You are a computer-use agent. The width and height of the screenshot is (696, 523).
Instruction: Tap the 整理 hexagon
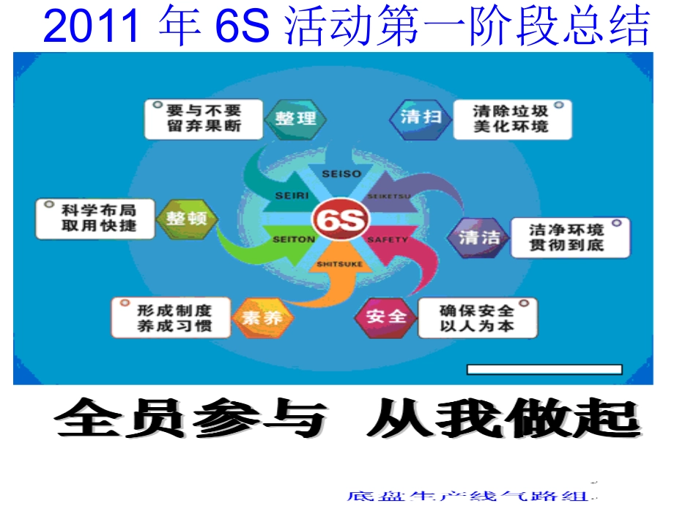pos(295,119)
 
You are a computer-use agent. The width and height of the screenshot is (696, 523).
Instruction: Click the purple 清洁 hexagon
pos(479,237)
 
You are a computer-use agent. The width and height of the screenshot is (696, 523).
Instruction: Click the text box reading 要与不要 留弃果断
pos(203,119)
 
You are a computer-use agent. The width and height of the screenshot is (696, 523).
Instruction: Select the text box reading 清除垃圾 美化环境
pos(511,119)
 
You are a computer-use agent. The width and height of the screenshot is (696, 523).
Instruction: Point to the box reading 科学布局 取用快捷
pos(96,218)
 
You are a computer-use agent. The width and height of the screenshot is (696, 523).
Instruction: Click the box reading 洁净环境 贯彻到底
pos(569,238)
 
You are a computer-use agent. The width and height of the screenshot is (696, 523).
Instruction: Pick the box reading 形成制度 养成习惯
pos(171,317)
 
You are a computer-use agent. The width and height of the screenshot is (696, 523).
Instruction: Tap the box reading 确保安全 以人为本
pos(477,318)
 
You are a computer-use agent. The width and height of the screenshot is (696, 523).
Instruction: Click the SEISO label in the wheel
pos(341,174)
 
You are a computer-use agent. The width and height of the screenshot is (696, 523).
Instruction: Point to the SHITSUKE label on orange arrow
pos(339,264)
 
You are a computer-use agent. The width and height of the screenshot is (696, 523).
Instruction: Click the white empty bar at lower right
pos(544,369)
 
